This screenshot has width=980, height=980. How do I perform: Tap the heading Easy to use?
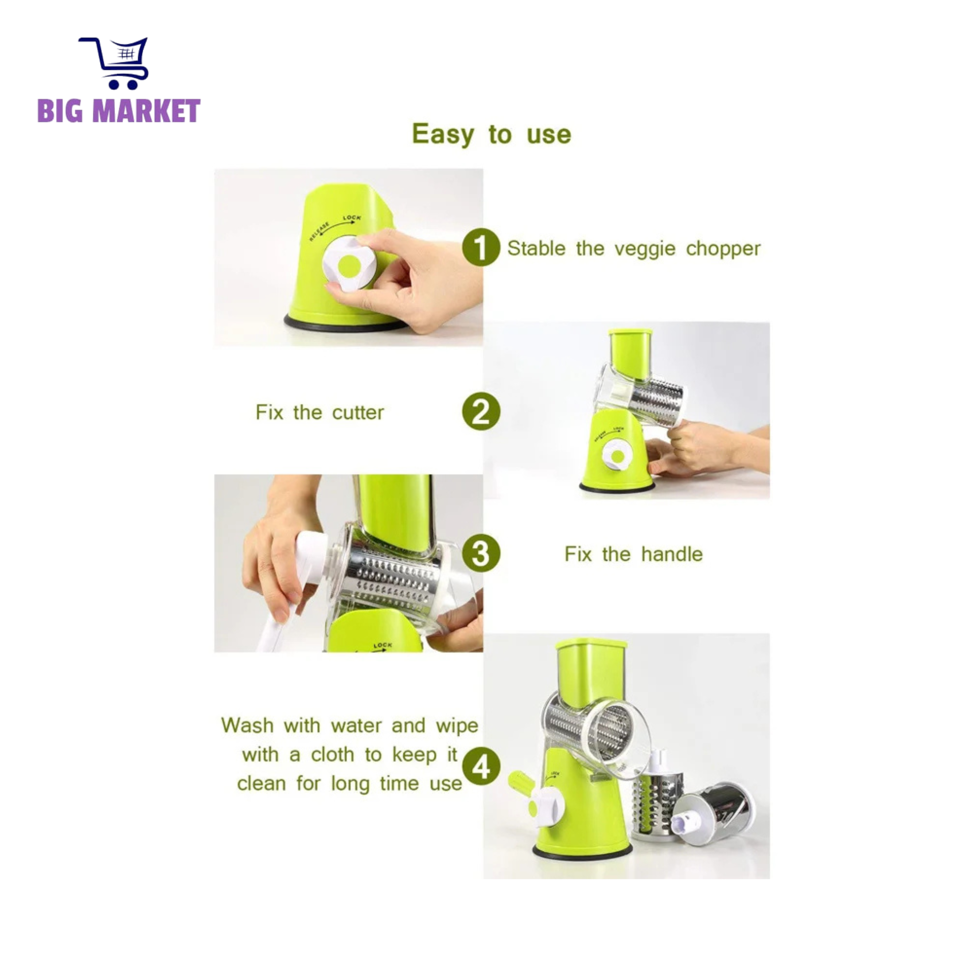(x=491, y=134)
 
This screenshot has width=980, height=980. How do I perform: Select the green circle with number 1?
(x=481, y=247)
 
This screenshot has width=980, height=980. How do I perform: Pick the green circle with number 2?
(x=481, y=412)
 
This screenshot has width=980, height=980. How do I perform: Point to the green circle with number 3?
(x=481, y=554)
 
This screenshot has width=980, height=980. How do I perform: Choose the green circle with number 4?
(x=481, y=767)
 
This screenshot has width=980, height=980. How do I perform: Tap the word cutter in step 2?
(x=358, y=412)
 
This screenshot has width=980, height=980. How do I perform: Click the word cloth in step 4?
(x=332, y=755)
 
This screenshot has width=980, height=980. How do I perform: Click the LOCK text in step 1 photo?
(x=352, y=218)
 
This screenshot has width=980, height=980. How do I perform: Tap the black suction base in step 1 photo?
(x=345, y=324)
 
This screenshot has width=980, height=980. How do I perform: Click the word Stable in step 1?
(x=536, y=248)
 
